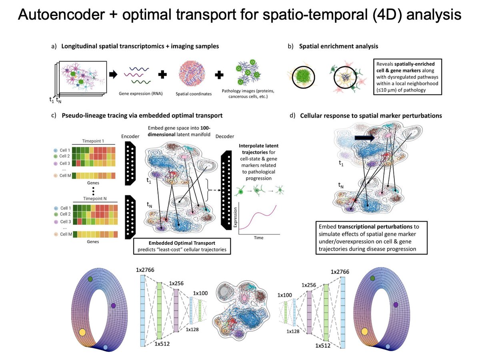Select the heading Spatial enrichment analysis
(x=338, y=46)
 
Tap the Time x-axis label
(x=258, y=237)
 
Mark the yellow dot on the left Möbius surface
(x=82, y=332)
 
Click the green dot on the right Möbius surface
(x=373, y=278)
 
